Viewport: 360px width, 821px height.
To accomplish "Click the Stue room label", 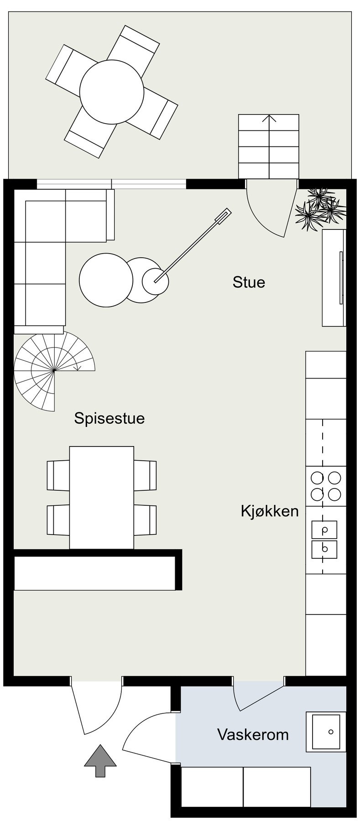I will [249, 282].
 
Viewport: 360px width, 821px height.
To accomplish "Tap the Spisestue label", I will [110, 418].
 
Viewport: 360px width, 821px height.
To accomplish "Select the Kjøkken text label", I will [270, 511].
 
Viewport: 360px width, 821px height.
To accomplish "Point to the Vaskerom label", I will [253, 734].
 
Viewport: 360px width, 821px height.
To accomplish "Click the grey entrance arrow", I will [100, 760].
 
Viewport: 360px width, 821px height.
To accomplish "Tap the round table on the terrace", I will [112, 92].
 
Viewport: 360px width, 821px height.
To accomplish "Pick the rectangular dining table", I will [102, 497].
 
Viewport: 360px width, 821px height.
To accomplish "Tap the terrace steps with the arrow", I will [269, 146].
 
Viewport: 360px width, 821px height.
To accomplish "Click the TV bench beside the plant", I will [334, 278].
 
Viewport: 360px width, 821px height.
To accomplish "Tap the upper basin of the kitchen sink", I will [324, 530].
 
